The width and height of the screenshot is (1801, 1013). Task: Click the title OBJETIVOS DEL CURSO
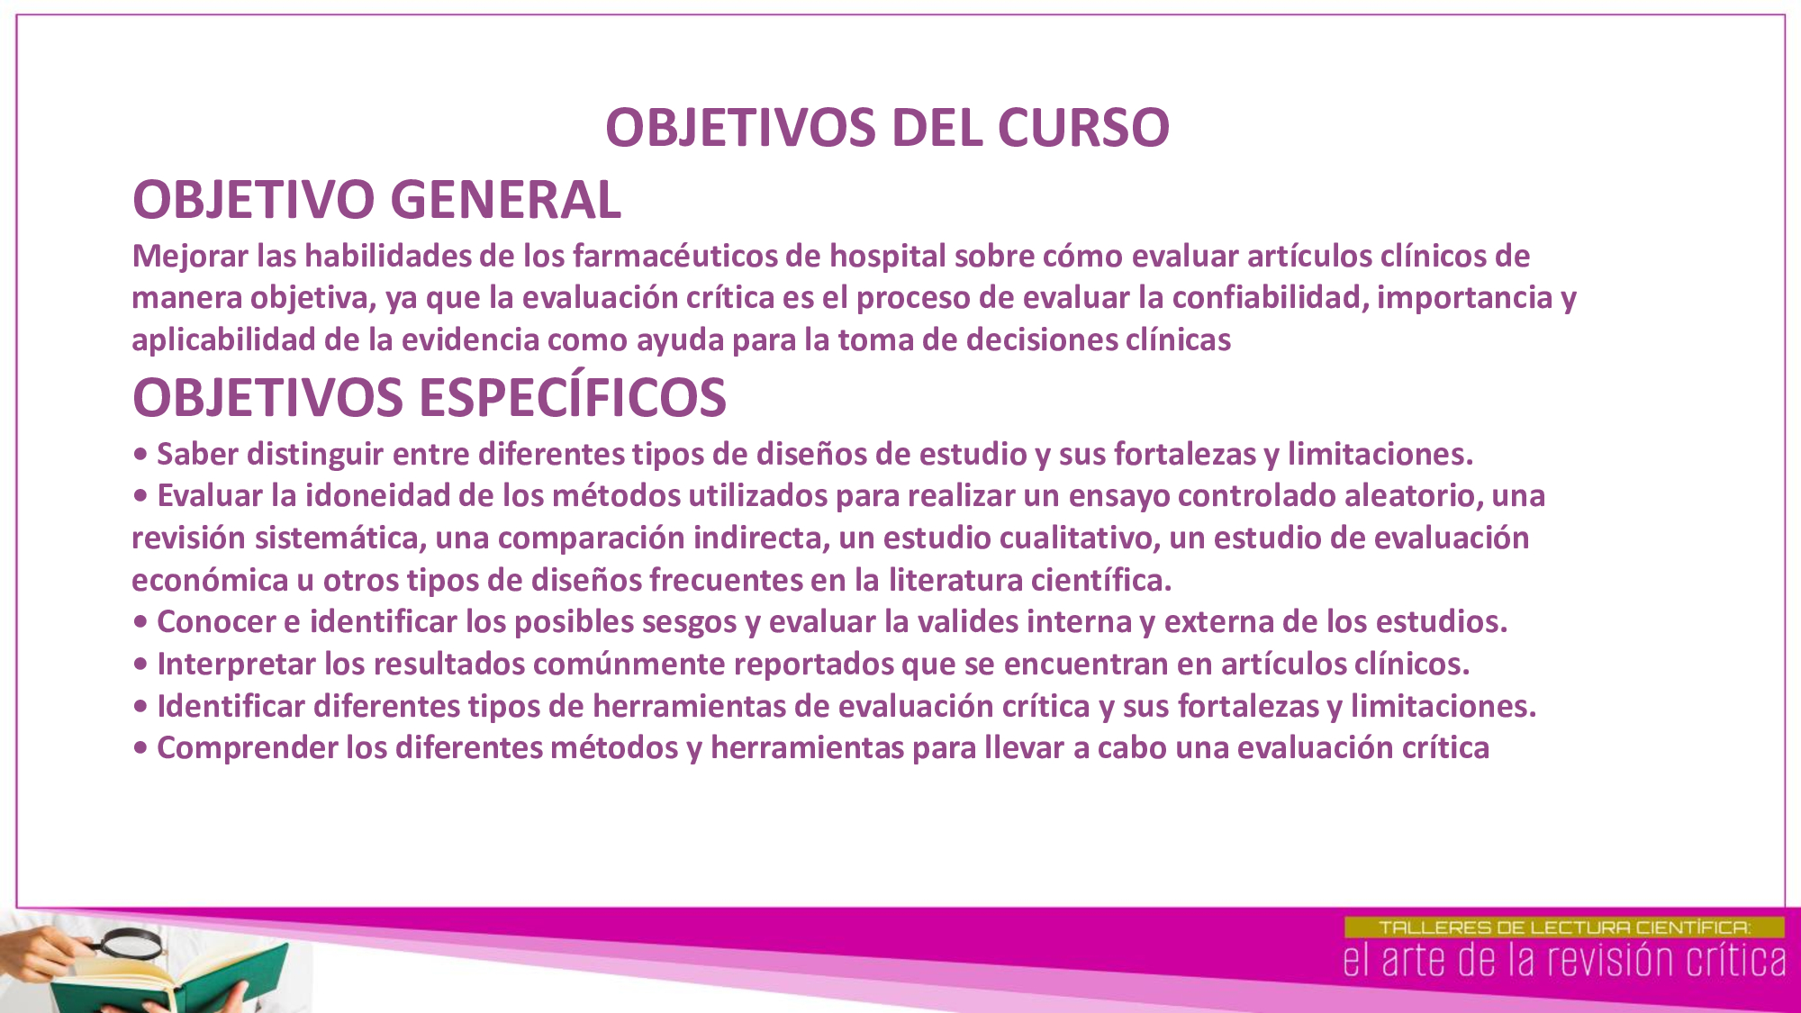pos(887,128)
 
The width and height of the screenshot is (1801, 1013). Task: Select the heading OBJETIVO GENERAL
pos(376,200)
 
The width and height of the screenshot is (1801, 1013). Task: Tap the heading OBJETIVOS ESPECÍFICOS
pos(429,398)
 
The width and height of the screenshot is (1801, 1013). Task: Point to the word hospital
pos(887,258)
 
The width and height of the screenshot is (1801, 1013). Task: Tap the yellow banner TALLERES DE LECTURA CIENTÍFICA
pos(1564,927)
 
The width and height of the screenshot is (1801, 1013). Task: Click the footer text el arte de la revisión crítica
pos(1564,961)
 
